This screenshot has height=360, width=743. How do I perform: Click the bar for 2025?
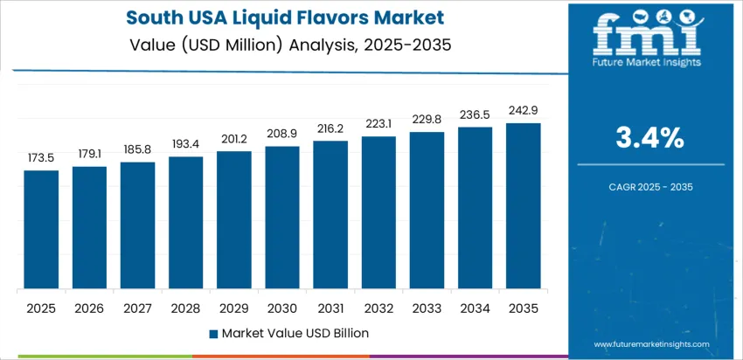click(x=41, y=230)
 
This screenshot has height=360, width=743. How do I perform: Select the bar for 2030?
click(x=282, y=218)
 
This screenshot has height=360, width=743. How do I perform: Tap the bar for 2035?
click(x=524, y=206)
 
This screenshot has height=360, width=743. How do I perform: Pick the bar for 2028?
click(x=186, y=223)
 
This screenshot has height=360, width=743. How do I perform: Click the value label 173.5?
click(x=41, y=158)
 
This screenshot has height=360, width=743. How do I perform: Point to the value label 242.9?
click(x=524, y=111)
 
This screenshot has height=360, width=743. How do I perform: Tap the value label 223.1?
click(x=378, y=123)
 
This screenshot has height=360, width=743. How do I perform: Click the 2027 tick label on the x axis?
click(x=138, y=308)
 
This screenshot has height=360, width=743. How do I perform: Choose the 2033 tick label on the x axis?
click(x=427, y=308)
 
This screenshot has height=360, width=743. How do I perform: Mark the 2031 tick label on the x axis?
click(x=330, y=308)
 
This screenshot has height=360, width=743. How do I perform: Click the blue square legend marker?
click(x=213, y=333)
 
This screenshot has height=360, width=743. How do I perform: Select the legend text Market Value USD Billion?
click(x=295, y=333)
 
